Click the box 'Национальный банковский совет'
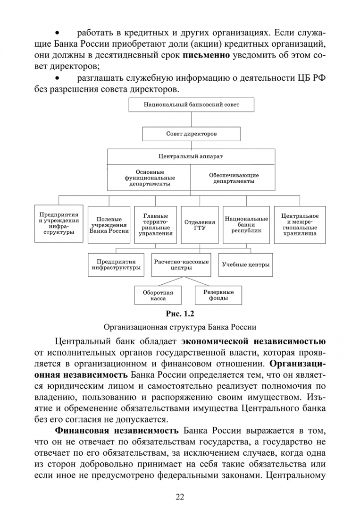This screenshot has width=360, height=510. [191, 105]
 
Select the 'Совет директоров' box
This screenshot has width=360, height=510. [191, 134]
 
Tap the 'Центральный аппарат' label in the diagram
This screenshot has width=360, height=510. [191, 156]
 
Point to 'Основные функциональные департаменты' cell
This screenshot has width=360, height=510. [150, 178]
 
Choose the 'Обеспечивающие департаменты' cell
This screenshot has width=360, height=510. [234, 178]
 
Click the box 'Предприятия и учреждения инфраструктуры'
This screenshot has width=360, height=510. [59, 224]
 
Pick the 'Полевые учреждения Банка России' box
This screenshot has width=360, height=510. [109, 225]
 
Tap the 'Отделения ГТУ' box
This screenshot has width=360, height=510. [200, 225]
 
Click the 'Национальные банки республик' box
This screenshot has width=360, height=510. [246, 225]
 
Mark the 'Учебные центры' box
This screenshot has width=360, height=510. [245, 264]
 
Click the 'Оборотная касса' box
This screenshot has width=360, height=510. [158, 295]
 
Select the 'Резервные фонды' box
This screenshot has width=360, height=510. [218, 295]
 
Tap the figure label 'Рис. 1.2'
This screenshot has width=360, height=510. [180, 313]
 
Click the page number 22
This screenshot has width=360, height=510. [180, 496]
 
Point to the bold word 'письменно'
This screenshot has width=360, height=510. [206, 55]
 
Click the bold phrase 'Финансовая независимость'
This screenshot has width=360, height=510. [117, 431]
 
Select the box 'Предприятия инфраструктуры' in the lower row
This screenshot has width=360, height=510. [116, 264]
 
